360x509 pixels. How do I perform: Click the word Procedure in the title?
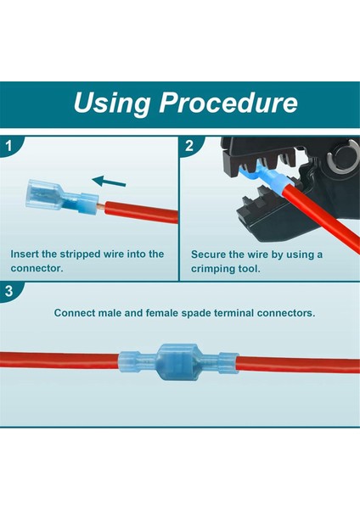pos(228,103)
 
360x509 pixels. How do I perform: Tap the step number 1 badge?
pos(9,146)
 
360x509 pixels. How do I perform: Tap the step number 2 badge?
pos(189,146)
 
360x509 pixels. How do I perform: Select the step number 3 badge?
pos(9,291)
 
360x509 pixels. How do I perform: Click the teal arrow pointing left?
pos(109,182)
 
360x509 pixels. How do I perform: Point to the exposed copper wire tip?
pos(101,206)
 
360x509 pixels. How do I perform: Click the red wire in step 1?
pos(141,212)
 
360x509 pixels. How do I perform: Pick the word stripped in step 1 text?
pos(81,255)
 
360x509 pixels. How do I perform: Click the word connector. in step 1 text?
pos(37,268)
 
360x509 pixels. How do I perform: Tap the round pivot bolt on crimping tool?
pos(345,156)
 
